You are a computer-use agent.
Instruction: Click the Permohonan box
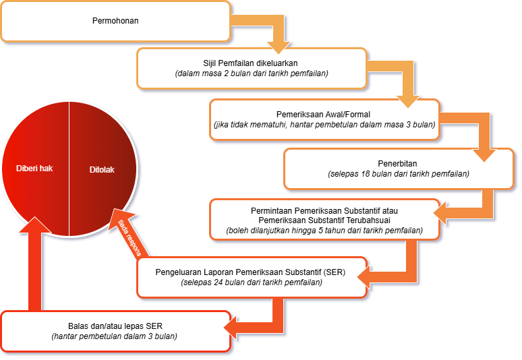[x=115, y=21]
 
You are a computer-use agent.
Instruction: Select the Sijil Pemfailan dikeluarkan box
[x=251, y=67]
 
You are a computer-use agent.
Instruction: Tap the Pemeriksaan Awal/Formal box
[x=324, y=119]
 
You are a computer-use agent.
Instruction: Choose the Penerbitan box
[x=399, y=169]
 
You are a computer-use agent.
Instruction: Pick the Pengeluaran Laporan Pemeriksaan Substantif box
[x=251, y=276]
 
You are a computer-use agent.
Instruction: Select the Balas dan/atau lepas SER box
[x=115, y=330]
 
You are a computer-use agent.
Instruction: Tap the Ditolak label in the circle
[x=102, y=169]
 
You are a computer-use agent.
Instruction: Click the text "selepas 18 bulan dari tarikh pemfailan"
[x=399, y=174]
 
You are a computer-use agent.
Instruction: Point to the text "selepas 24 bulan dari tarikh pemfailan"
[x=252, y=282]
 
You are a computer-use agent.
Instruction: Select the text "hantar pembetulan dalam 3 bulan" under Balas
[x=115, y=336]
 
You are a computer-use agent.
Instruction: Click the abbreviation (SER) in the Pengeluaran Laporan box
[x=332, y=271]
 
